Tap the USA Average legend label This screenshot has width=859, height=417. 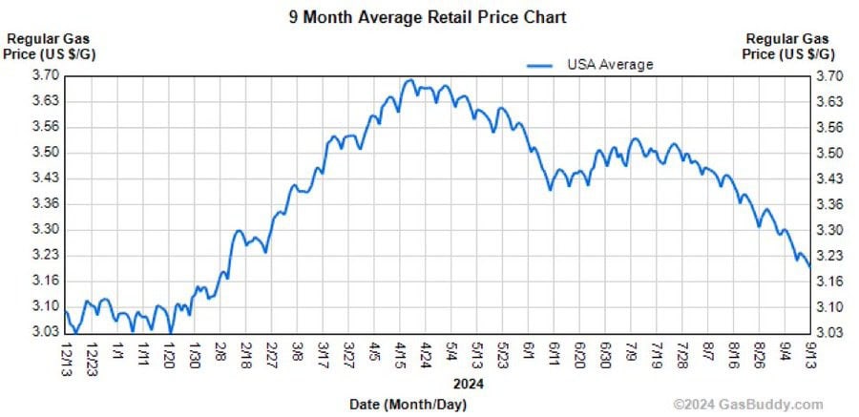coord(610,64)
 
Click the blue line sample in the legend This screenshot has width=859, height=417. coord(539,65)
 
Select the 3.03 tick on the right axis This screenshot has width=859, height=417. coord(827,332)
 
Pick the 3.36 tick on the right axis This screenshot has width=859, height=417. coord(827,204)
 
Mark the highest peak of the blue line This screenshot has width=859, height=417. coord(409,80)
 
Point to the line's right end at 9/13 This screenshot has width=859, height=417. coord(810,267)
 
